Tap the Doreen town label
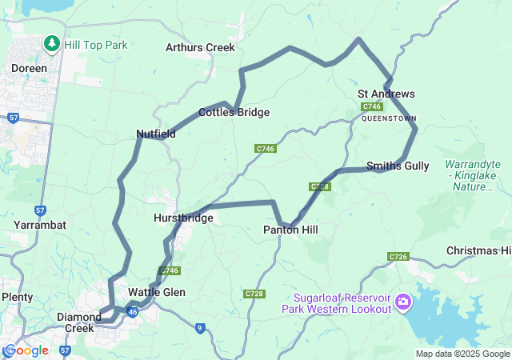point(29,69)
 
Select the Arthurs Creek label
point(200,47)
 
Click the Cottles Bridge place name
point(234,113)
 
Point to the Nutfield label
point(156,134)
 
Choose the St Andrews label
point(386,94)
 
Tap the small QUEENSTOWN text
point(389,118)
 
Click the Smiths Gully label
point(398,166)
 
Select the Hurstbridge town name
point(183,218)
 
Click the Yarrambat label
point(40,225)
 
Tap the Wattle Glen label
point(157,293)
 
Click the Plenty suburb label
point(17,297)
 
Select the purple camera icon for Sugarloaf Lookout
point(403,302)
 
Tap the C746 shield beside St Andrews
point(371,106)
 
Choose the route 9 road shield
point(200,326)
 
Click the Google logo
point(26,350)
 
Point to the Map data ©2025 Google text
point(462,354)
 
